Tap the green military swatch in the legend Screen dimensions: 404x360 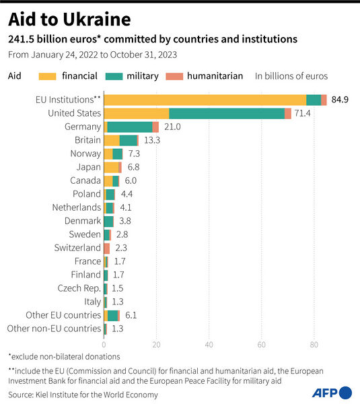pyautogui.click(x=128, y=76)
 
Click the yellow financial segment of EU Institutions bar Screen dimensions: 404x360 pyautogui.click(x=205, y=100)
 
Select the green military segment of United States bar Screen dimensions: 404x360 pyautogui.click(x=227, y=113)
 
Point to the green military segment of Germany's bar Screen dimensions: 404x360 pyautogui.click(x=130, y=127)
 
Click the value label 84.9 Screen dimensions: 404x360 pyautogui.click(x=341, y=100)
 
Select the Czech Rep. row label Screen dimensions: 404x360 pyautogui.click(x=79, y=288)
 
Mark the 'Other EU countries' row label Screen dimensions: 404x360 pyautogui.click(x=63, y=315)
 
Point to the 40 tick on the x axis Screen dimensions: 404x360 pyautogui.click(x=209, y=344)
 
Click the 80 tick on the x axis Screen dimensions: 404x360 pyautogui.click(x=314, y=344)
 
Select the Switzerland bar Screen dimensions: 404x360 pyautogui.click(x=106, y=248)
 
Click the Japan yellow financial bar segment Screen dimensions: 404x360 pyautogui.click(x=111, y=167)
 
